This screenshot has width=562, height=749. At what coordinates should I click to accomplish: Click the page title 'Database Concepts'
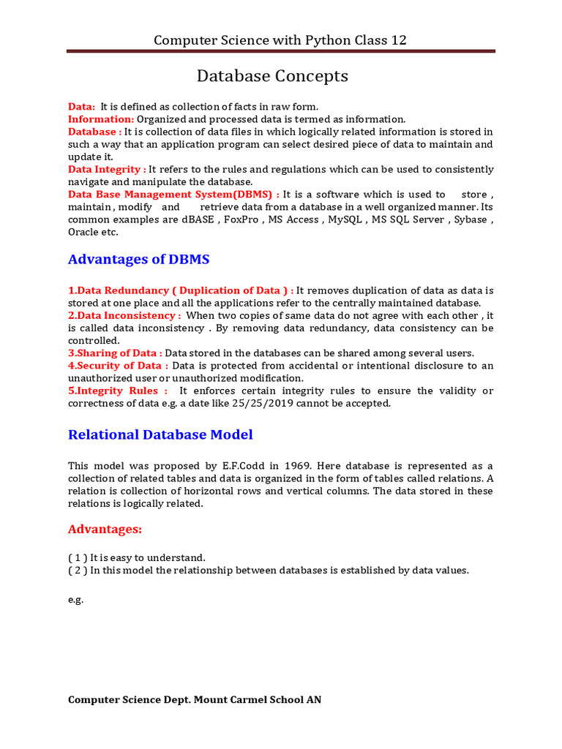tap(272, 76)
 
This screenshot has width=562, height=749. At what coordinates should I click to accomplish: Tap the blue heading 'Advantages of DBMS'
tap(139, 259)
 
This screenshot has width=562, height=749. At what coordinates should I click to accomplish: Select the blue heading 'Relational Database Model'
tap(160, 434)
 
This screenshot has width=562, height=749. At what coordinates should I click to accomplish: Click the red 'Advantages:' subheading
tap(105, 529)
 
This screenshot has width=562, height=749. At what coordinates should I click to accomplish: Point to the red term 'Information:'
tap(101, 119)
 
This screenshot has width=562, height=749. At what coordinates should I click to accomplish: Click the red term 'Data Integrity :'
tap(107, 169)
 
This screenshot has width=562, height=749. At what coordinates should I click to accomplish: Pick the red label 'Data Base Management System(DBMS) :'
tap(173, 195)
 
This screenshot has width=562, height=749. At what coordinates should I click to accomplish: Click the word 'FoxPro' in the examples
tap(241, 219)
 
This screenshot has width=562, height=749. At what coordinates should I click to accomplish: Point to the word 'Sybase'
tap(471, 219)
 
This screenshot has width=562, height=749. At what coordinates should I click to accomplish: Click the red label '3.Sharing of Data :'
tap(115, 353)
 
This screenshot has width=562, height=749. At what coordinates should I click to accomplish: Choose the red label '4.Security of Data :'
tap(118, 365)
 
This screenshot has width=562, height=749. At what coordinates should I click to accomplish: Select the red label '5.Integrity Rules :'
tap(117, 391)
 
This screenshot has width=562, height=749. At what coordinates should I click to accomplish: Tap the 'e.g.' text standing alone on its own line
tap(76, 600)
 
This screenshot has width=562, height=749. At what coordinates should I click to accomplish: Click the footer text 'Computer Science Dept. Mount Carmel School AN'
tap(194, 700)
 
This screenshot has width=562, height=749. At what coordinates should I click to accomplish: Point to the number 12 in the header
tap(398, 40)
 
